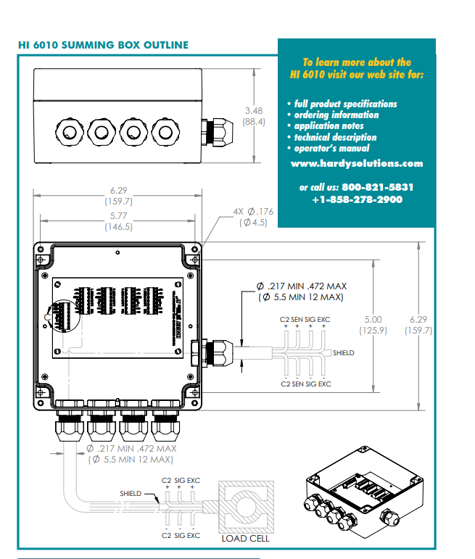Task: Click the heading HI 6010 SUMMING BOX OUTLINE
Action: tap(103, 45)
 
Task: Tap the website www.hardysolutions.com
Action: tap(356, 163)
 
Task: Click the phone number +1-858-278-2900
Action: tap(357, 199)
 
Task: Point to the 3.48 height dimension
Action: tap(254, 111)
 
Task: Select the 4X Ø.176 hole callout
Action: tap(253, 212)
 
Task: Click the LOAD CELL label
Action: tap(245, 538)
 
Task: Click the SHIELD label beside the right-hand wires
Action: tap(343, 353)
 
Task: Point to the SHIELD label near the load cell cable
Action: tap(131, 494)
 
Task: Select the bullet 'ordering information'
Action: tap(336, 115)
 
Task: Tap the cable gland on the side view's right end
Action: tap(215, 132)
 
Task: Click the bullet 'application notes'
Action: tap(331, 125)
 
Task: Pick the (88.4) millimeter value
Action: tap(254, 122)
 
